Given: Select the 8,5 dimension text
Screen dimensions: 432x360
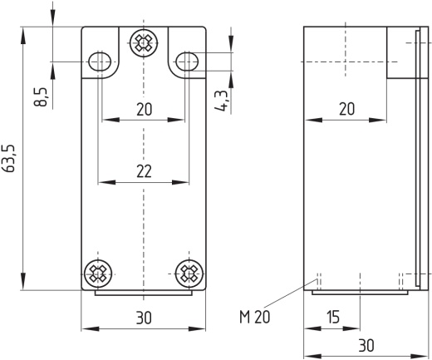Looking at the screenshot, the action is (41, 97).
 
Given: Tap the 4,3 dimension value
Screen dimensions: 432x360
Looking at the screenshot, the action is (223, 101).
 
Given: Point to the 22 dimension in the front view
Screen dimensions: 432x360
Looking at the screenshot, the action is (144, 171).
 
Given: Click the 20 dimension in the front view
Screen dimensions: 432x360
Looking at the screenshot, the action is (145, 109).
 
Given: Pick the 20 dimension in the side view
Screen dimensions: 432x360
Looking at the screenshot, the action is (346, 109).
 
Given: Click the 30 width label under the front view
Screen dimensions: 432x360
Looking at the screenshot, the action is (144, 318).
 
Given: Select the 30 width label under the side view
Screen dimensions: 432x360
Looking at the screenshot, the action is (366, 345).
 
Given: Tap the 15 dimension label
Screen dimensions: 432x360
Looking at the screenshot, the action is (333, 317).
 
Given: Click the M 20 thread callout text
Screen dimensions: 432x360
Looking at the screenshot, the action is (254, 317).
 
